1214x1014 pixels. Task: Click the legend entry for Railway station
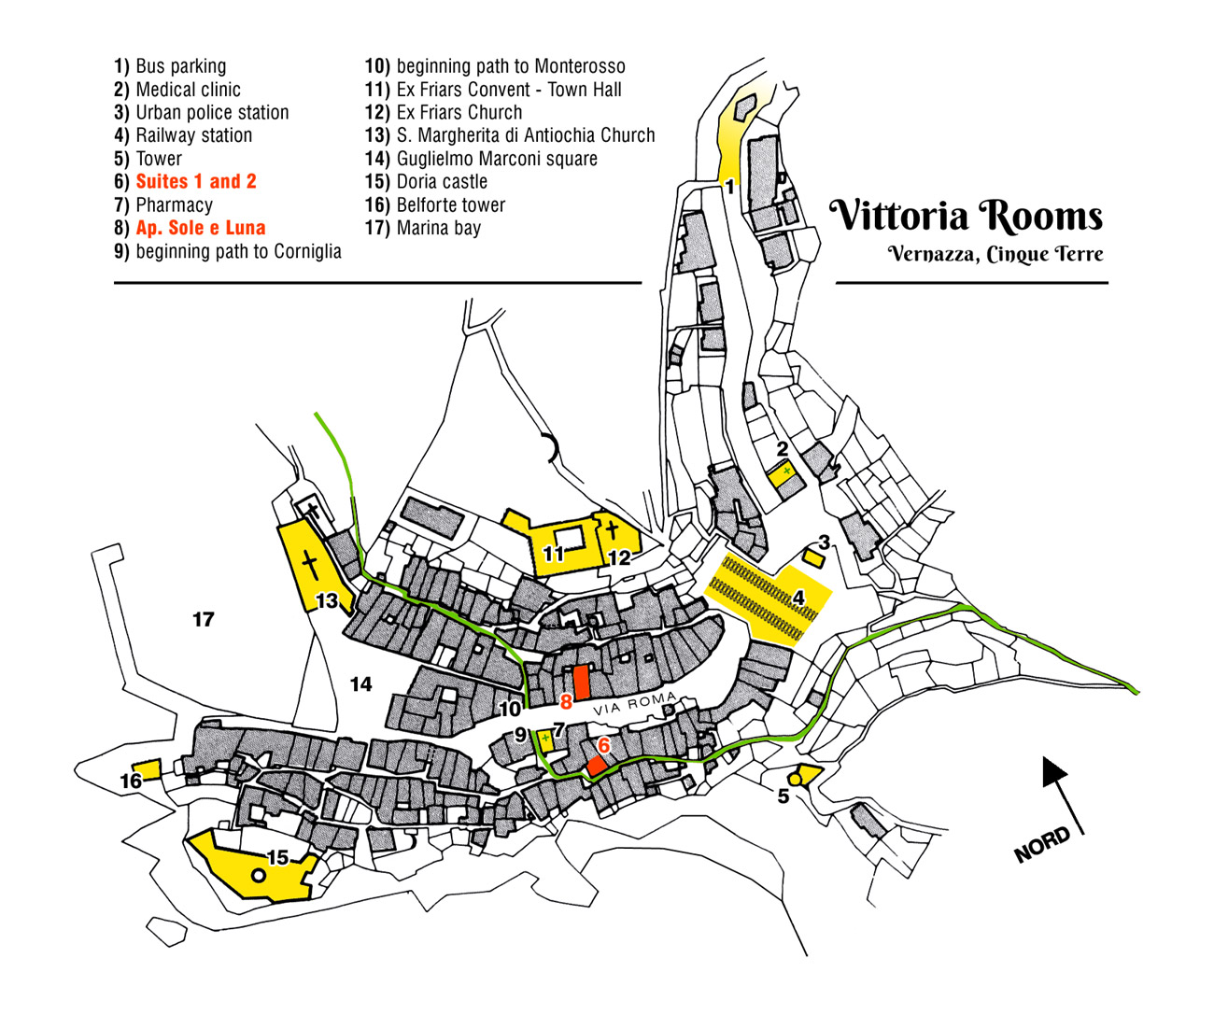click(184, 135)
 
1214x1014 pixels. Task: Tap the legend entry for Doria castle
click(427, 182)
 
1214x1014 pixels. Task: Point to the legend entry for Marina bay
click(423, 228)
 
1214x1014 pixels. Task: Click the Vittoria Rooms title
click(967, 216)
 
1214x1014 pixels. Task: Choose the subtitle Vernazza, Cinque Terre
click(995, 254)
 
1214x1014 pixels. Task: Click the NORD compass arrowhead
click(1054, 770)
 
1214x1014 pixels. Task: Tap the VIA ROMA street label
click(633, 704)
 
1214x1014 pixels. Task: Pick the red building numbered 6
click(597, 766)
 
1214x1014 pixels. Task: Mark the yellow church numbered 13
click(309, 566)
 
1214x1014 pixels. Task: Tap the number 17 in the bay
click(204, 619)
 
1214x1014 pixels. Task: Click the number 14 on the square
click(360, 684)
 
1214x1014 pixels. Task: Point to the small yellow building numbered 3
click(813, 558)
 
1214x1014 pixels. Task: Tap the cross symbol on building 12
click(612, 531)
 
